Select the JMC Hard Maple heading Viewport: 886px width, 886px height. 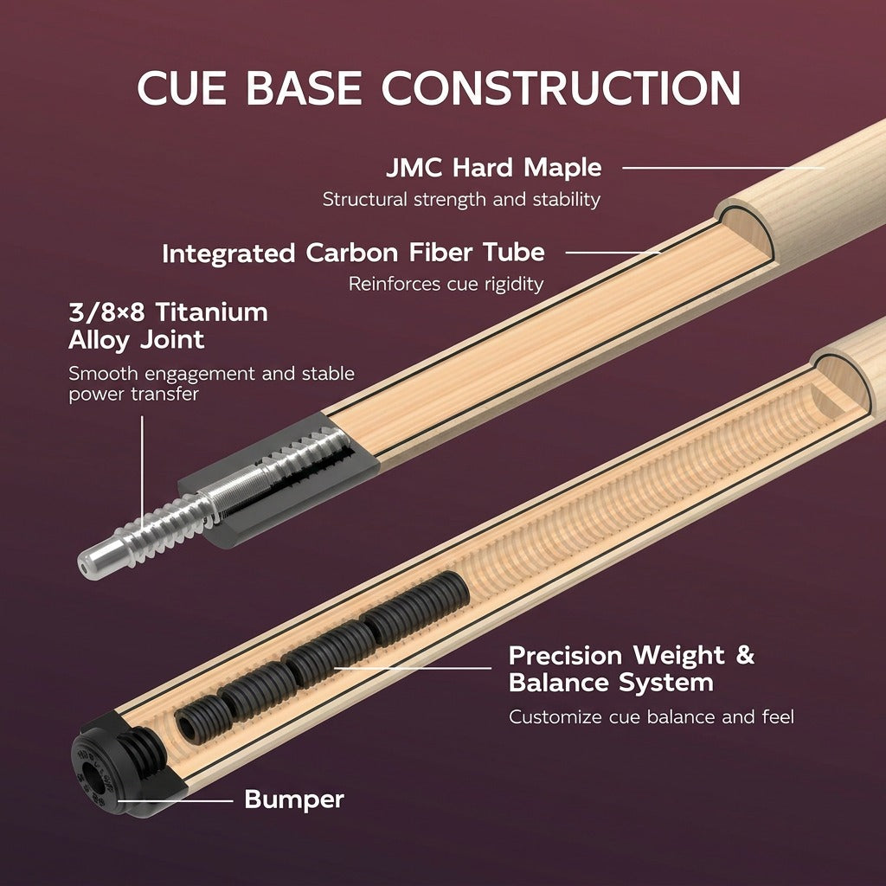pyautogui.click(x=494, y=168)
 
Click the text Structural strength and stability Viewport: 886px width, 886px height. pyautogui.click(x=461, y=200)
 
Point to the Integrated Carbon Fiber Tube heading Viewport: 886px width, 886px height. pyautogui.click(x=353, y=253)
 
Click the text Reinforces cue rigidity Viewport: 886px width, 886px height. pyautogui.click(x=446, y=284)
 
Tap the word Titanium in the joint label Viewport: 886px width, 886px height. pyautogui.click(x=211, y=311)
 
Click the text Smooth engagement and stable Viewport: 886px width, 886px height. pyautogui.click(x=211, y=374)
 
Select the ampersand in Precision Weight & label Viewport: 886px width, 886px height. pyautogui.click(x=745, y=655)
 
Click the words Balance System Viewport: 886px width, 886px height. pyautogui.click(x=611, y=683)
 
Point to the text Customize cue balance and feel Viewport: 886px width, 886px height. pyautogui.click(x=651, y=717)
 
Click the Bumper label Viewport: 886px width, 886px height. pyautogui.click(x=294, y=799)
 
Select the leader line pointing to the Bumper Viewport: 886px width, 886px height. pyautogui.click(x=175, y=800)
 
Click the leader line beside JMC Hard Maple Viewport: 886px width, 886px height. pyautogui.click(x=724, y=168)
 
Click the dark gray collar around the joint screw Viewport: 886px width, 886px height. pyautogui.click(x=277, y=480)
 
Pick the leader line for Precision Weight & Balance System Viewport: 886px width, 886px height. pyautogui.click(x=412, y=668)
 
